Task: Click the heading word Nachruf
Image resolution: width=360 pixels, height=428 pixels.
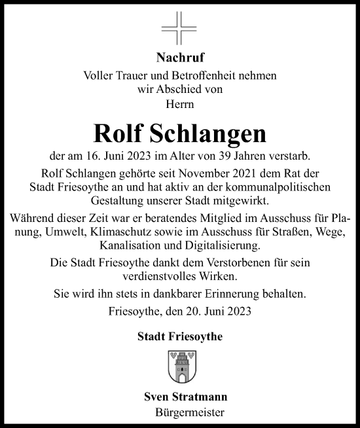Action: click(179, 58)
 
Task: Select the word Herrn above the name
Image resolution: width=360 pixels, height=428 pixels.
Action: click(179, 103)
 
